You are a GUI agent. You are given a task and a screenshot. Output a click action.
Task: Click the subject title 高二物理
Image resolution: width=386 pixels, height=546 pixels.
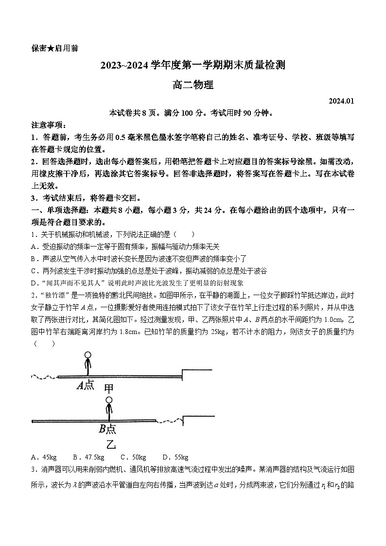[193, 85]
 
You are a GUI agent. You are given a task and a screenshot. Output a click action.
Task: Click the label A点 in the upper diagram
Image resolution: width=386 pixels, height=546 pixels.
[86, 386]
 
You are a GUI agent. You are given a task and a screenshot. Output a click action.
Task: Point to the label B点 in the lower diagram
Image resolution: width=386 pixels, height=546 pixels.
[107, 428]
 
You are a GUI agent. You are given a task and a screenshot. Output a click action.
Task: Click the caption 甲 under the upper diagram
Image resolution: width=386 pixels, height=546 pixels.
[109, 388]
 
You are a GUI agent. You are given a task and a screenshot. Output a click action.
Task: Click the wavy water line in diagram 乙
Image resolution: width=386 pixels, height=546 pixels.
[169, 420]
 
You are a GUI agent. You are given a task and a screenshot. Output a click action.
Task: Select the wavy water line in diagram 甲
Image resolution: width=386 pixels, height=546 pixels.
[44, 377]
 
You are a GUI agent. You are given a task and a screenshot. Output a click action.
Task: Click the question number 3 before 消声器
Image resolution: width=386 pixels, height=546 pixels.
[33, 469]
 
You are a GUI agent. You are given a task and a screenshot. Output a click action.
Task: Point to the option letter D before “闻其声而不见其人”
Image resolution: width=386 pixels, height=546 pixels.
[33, 282]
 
